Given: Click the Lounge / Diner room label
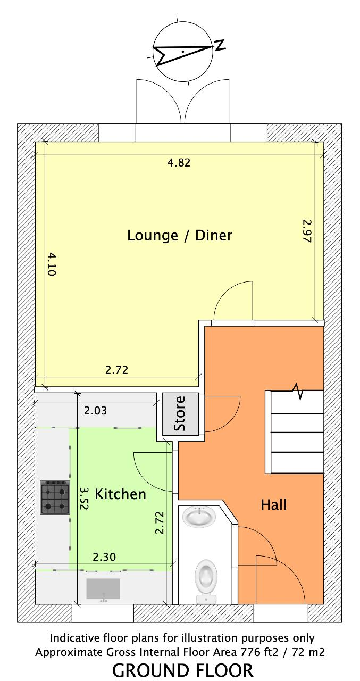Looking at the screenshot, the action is click(x=180, y=236).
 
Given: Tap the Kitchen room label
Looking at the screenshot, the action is click(x=120, y=494).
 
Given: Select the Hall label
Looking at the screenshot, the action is click(x=274, y=505).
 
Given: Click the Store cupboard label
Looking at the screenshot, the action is click(x=179, y=413).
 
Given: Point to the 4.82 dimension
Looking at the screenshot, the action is click(x=179, y=163).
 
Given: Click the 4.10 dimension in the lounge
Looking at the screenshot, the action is click(x=52, y=263).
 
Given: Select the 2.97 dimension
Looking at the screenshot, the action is click(x=307, y=231).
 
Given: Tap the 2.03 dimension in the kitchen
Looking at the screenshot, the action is click(x=95, y=411).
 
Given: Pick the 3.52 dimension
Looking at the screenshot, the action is click(x=83, y=499).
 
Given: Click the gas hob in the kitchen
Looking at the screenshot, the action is click(x=55, y=497).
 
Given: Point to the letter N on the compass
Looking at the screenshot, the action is click(x=220, y=45).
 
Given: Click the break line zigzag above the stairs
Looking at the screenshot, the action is click(x=297, y=392).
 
